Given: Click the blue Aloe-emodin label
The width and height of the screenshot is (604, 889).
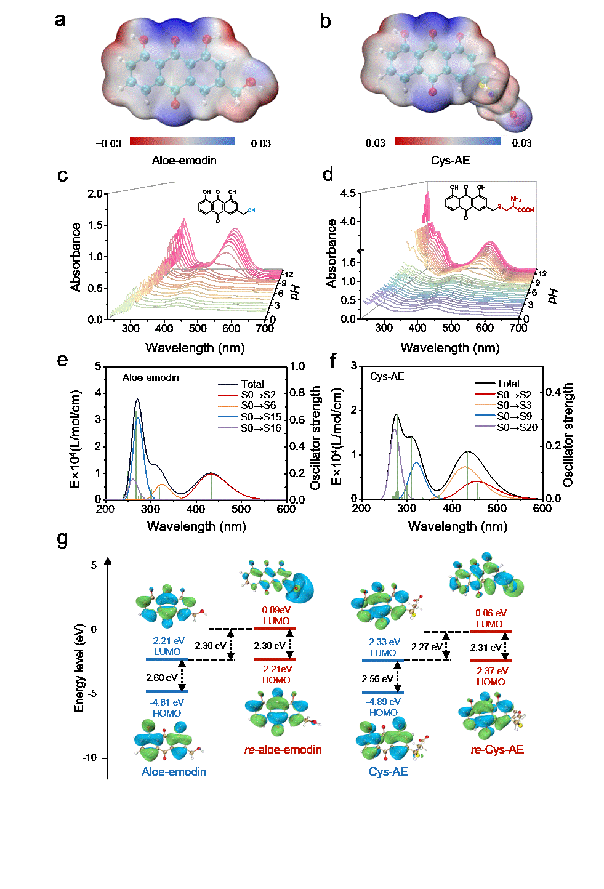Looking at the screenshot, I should click(x=174, y=772).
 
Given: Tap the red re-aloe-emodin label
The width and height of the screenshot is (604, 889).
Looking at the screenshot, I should click(x=283, y=750).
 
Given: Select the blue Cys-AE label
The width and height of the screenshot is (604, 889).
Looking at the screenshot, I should click(x=388, y=772).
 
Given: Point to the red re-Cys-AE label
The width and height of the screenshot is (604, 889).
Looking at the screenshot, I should click(x=497, y=750).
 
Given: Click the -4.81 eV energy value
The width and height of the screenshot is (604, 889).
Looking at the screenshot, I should click(x=167, y=702).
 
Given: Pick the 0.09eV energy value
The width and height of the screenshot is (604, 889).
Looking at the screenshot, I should click(x=276, y=610).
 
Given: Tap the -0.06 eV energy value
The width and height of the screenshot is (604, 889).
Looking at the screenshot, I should click(x=489, y=613).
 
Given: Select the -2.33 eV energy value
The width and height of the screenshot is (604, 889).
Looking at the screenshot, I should click(x=382, y=642).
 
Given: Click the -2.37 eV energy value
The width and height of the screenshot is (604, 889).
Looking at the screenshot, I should click(x=491, y=671).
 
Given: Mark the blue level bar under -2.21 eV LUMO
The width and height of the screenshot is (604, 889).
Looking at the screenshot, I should click(x=167, y=659).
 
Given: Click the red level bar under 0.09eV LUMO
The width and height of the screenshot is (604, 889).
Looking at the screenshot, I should click(x=275, y=629).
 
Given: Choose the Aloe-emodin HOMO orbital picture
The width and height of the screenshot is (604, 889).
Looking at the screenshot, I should click(x=169, y=741).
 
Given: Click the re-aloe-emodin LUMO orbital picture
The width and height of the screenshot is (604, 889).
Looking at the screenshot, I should click(x=277, y=581).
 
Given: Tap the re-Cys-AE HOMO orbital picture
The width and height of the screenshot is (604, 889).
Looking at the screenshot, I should click(x=492, y=715).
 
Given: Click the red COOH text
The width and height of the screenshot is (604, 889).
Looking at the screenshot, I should click(x=526, y=211).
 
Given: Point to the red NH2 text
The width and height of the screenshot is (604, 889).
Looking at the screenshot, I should click(x=515, y=199).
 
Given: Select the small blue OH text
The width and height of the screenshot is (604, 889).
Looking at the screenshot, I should click(x=251, y=211).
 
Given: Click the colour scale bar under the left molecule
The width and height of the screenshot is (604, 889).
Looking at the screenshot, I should click(x=182, y=141).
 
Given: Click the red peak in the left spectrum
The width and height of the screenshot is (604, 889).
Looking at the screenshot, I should click(x=212, y=475).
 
